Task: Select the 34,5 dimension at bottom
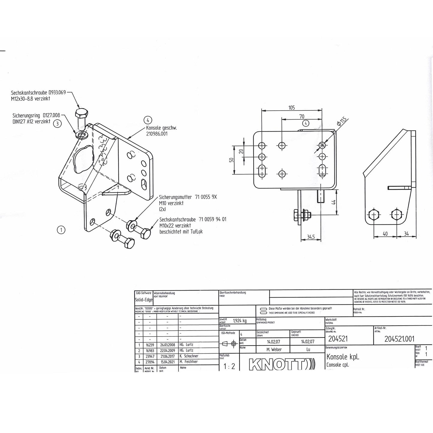(311, 237)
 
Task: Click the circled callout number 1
(61, 230)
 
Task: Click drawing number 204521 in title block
(338, 339)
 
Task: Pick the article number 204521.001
(399, 339)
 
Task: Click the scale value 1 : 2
(229, 366)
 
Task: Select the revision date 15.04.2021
(167, 362)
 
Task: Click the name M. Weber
(274, 349)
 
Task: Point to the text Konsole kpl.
(343, 357)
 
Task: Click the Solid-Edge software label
(144, 300)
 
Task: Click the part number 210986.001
(157, 134)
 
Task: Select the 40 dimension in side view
(385, 233)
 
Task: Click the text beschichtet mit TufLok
(181, 231)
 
